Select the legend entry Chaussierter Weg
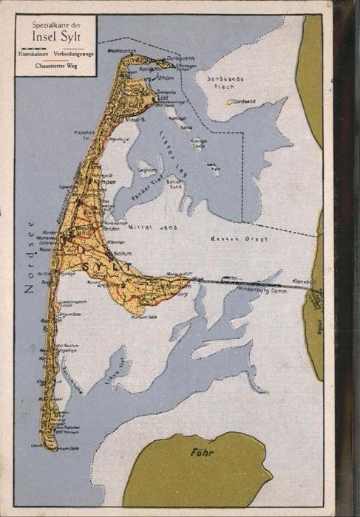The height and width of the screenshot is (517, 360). point(55,66)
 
